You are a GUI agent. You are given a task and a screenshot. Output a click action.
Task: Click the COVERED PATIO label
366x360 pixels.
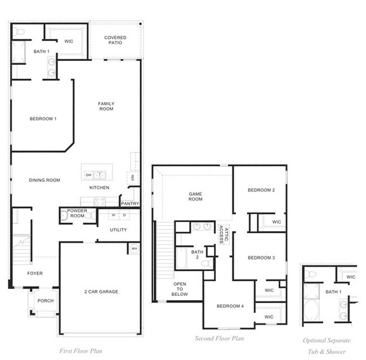115,40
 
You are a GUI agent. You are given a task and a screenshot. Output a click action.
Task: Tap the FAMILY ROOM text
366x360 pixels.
106,106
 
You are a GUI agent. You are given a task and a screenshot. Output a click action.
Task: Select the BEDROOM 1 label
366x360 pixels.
43,118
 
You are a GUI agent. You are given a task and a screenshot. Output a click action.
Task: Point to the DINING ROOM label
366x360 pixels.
44,180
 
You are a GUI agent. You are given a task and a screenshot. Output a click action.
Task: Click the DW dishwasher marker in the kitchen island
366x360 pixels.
89,175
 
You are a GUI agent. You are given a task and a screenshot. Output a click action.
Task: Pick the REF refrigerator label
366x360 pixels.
132,177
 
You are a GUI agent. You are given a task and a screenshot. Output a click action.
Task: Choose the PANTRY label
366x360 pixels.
130,203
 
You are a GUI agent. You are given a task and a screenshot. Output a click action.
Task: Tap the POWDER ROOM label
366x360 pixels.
77,213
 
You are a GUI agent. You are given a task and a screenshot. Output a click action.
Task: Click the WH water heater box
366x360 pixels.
133,248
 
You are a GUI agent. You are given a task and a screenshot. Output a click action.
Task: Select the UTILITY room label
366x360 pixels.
118,230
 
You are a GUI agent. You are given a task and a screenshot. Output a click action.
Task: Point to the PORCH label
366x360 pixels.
45,301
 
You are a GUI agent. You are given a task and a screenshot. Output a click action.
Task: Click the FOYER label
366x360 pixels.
35,273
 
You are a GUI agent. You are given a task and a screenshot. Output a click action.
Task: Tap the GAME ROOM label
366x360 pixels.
195,196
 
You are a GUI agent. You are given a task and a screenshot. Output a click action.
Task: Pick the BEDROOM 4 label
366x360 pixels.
230,306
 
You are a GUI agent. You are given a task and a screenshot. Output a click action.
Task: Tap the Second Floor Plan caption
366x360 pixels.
219,339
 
